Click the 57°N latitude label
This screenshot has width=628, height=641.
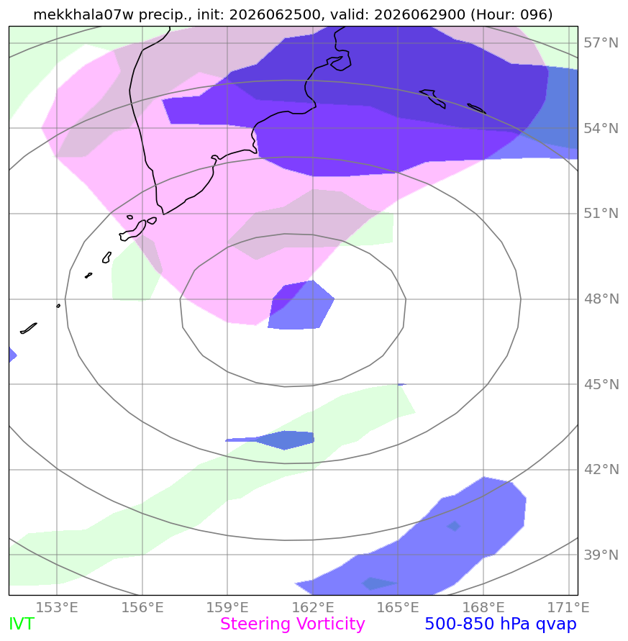coord(601,42)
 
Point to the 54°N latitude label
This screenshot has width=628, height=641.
coord(601,128)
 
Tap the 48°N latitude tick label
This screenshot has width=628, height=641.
coord(601,299)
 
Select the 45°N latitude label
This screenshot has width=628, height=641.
coord(601,384)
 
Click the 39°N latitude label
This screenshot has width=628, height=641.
coord(601,555)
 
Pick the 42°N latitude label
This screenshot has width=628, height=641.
coord(601,469)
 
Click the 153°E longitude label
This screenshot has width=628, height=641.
coord(57,607)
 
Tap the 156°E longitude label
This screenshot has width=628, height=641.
coord(142,607)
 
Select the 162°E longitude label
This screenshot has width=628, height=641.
coord(313,607)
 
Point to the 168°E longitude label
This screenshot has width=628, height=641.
coord(483,607)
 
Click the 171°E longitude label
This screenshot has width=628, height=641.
coord(568,607)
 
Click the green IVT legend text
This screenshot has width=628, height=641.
coord(22,624)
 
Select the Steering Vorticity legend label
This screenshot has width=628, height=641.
coord(292,624)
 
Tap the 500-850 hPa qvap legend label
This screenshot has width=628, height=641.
coord(501,624)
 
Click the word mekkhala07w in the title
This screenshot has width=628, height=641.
coord(83,14)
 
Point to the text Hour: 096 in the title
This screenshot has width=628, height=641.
coord(511,14)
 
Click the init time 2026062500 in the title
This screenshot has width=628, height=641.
coord(275,14)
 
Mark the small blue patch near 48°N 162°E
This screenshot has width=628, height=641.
coord(301,305)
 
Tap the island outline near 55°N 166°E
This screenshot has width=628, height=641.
coord(433,98)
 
